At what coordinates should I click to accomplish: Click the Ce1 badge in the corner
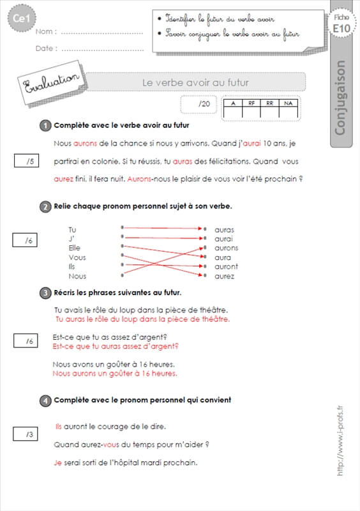(22, 19)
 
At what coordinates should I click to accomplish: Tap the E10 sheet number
(341, 29)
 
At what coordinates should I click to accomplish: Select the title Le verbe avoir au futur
(195, 82)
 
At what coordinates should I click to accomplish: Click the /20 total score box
(199, 104)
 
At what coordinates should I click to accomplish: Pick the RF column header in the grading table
(251, 103)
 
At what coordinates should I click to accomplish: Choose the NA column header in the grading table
(288, 103)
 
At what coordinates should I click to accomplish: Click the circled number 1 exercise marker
(45, 125)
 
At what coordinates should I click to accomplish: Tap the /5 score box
(26, 161)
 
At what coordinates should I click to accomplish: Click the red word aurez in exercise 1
(63, 179)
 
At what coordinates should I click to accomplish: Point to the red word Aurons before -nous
(139, 179)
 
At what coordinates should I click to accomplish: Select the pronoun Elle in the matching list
(74, 248)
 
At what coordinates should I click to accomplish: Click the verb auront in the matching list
(226, 266)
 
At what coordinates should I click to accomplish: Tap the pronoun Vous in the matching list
(77, 257)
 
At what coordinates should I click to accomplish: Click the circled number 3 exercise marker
(45, 293)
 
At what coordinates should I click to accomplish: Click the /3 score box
(26, 434)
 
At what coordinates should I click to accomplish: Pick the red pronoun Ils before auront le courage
(59, 427)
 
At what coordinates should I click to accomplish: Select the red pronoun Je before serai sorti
(57, 462)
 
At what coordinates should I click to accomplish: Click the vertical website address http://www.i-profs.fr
(340, 441)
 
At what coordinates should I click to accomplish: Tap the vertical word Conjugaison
(340, 98)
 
